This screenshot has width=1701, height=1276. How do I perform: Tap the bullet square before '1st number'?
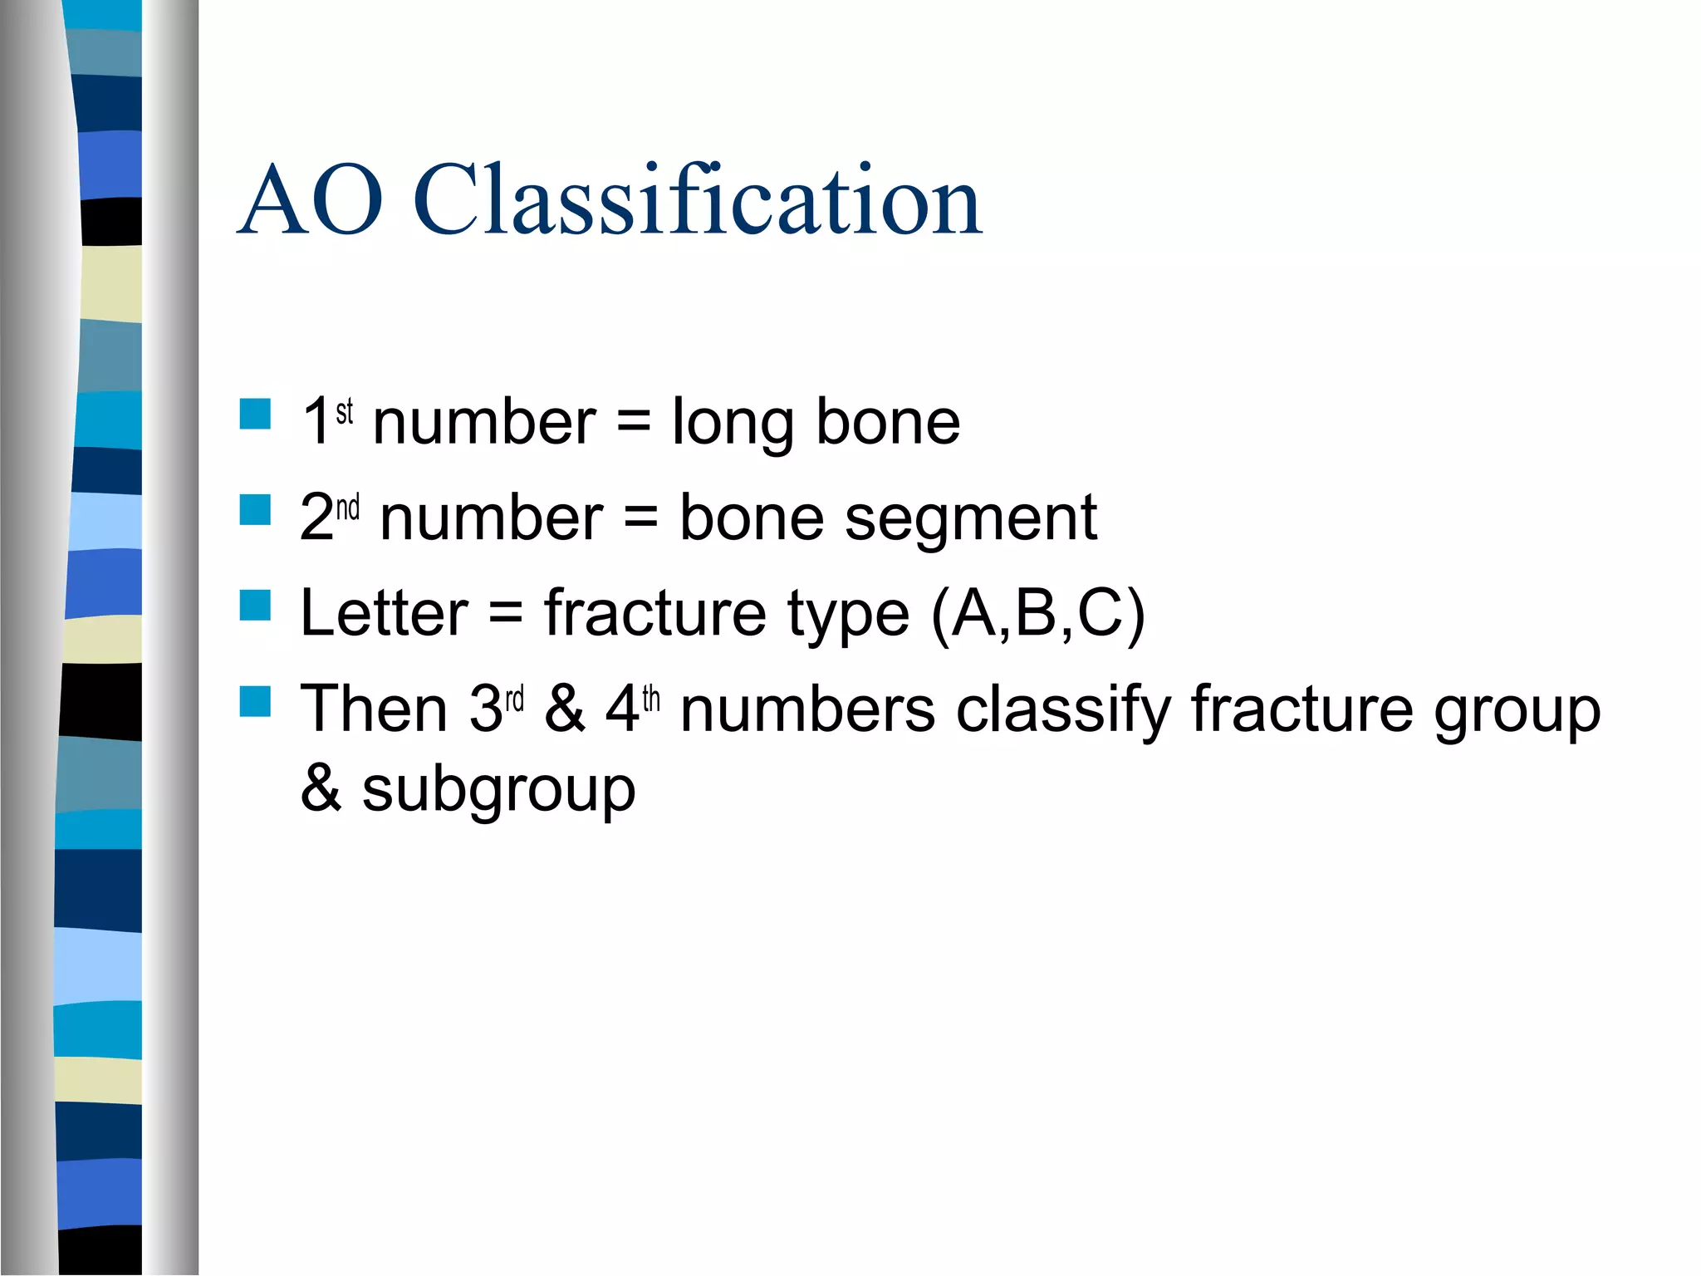coord(255,414)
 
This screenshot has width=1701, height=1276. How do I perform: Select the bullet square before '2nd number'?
coord(255,510)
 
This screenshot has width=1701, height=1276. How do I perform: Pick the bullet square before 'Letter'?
coord(255,606)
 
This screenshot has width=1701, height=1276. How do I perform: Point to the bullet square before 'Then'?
coord(255,701)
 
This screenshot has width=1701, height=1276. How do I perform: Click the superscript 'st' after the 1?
coord(345,410)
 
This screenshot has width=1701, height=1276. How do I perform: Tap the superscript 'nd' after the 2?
coord(348,506)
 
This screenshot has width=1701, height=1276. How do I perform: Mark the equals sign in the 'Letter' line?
coord(506,615)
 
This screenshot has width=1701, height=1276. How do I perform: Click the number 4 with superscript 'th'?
coord(621,709)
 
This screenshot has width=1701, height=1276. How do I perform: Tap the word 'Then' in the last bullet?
coord(374,709)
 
